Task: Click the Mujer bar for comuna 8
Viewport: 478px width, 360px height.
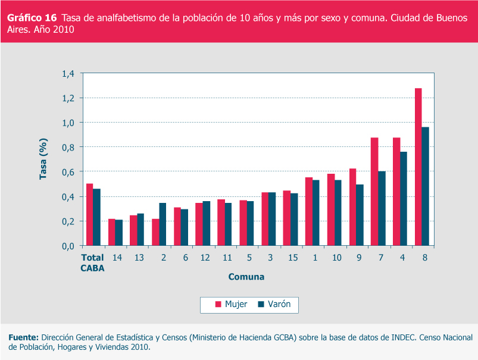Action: tap(418, 167)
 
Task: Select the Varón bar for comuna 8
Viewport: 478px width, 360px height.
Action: tap(426, 186)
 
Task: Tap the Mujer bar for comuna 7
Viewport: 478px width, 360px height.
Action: tap(374, 192)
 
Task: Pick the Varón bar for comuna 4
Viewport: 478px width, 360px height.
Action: tap(404, 199)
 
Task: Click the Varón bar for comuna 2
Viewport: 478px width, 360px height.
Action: tap(163, 224)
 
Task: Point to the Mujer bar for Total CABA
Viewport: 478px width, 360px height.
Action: tap(89, 215)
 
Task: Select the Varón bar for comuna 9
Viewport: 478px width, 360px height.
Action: tap(360, 215)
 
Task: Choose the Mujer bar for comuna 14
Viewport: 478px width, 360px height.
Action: tap(111, 232)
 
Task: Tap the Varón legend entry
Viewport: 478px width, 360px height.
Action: tap(274, 305)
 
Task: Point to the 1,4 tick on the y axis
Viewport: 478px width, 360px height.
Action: tap(68, 74)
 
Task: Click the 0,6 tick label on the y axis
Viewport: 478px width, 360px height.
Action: tap(68, 172)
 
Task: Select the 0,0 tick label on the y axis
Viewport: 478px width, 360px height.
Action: tap(68, 246)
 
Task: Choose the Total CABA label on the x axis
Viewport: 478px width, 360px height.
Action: tap(92, 262)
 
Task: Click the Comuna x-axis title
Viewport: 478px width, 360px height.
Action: tap(246, 277)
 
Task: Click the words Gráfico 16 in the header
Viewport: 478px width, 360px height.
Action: tap(32, 18)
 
